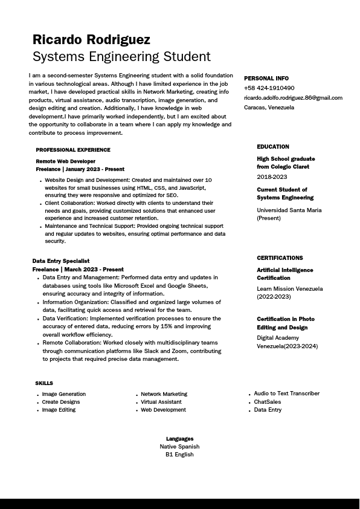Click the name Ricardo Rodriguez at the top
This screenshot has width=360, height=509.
91,40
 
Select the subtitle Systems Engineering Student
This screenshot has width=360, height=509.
121,57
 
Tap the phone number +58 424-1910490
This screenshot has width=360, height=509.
269,88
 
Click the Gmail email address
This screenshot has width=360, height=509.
293,98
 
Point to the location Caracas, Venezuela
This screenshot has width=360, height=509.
269,108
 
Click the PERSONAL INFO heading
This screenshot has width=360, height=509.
266,79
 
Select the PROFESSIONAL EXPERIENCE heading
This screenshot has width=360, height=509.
73,150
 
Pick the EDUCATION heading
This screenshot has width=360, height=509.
273,147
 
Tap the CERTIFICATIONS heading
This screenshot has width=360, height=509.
280,258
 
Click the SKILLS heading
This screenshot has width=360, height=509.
44,383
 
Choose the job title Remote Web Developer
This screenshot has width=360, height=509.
66,162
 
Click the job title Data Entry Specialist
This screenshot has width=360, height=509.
61,261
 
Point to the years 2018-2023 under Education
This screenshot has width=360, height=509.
272,177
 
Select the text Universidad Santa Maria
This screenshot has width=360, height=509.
289,210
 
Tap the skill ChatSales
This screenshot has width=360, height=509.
268,402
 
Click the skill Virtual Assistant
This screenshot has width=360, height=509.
161,402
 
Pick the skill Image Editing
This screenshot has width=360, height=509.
59,410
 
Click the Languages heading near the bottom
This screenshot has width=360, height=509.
180,439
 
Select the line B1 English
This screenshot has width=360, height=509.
179,455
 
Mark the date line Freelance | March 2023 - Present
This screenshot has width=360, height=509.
78,270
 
